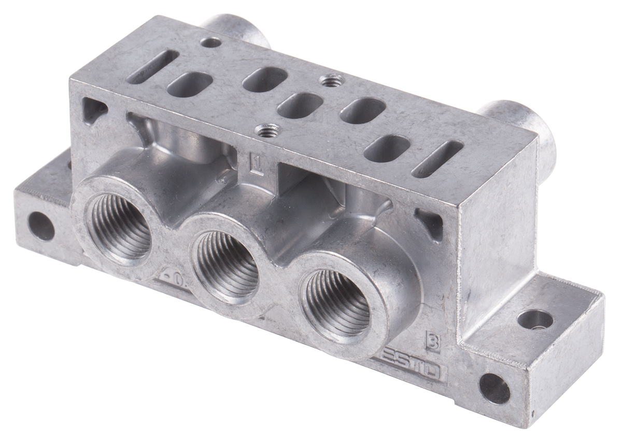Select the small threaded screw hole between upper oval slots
point(331,81)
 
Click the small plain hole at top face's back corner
point(210,42)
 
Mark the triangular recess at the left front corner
point(94,110)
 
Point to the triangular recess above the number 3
point(430,223)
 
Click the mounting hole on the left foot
point(41,226)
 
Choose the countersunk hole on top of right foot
point(534,319)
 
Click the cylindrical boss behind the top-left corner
point(236,28)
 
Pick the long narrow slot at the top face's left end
point(152,67)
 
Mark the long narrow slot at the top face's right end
point(437,159)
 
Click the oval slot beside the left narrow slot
point(190,84)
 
